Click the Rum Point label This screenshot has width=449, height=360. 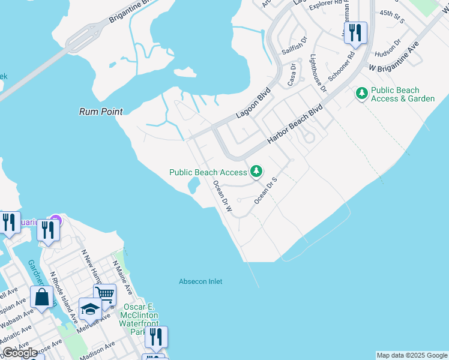point(101,112)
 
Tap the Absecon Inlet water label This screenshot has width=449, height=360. point(200,281)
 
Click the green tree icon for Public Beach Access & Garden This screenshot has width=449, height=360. point(361,93)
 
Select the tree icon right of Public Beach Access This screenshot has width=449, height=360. point(256,172)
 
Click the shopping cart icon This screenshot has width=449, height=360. point(105,295)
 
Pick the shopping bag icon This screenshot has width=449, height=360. point(41,297)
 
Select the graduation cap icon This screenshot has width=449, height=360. point(90,309)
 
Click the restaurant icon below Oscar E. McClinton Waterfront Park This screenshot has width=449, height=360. point(156,337)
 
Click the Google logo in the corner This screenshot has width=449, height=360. point(20,353)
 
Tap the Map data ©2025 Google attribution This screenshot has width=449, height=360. point(412,355)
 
